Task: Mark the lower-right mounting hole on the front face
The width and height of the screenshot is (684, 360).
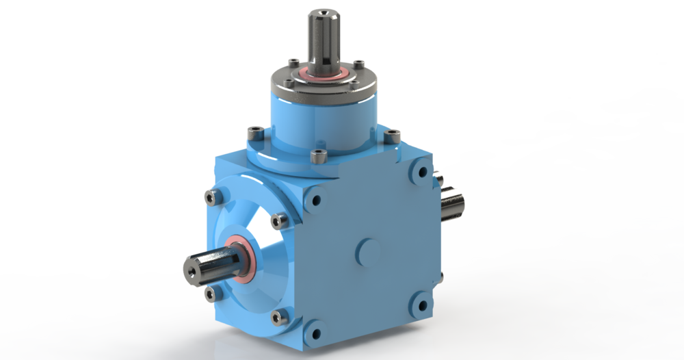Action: [421, 300]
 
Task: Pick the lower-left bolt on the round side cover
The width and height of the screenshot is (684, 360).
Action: [210, 295]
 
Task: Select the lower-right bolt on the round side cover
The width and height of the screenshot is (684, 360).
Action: [278, 318]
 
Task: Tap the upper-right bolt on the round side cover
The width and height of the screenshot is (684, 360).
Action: [278, 220]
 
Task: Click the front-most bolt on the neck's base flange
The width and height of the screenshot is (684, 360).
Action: [317, 157]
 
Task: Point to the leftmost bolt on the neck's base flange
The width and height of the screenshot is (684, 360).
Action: [256, 131]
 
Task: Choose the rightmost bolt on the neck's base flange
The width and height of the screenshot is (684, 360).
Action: [391, 137]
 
